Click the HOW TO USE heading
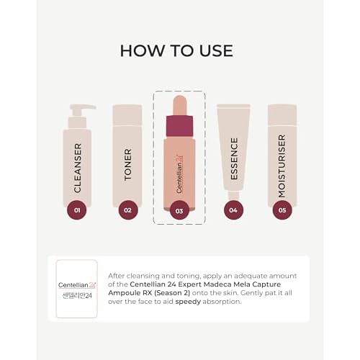[x=176, y=50]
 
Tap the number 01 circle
[x=76, y=210]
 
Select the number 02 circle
[x=127, y=210]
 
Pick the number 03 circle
[x=179, y=210]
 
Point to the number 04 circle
[x=233, y=210]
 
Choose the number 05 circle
[x=282, y=210]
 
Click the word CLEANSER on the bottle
[x=77, y=167]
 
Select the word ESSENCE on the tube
[x=233, y=158]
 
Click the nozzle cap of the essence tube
[x=233, y=195]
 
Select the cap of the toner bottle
[x=127, y=114]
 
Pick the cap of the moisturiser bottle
[x=282, y=114]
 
